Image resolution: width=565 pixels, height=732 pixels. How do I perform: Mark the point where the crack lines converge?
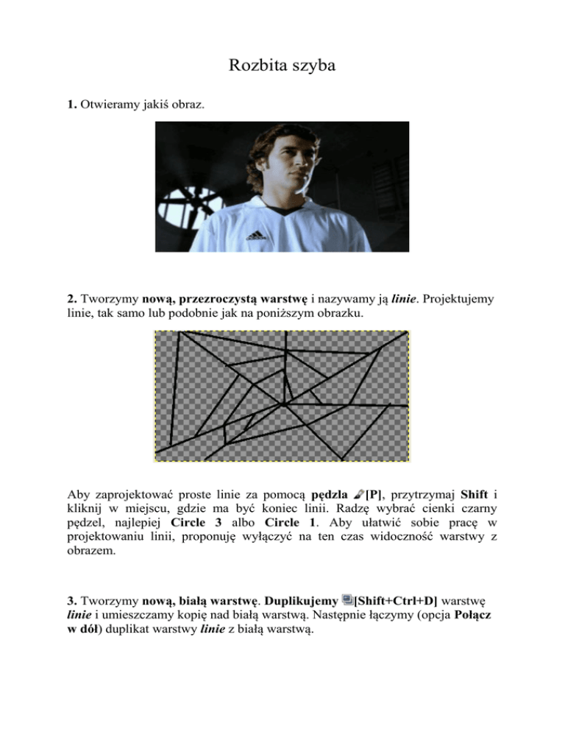[x=283, y=404]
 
